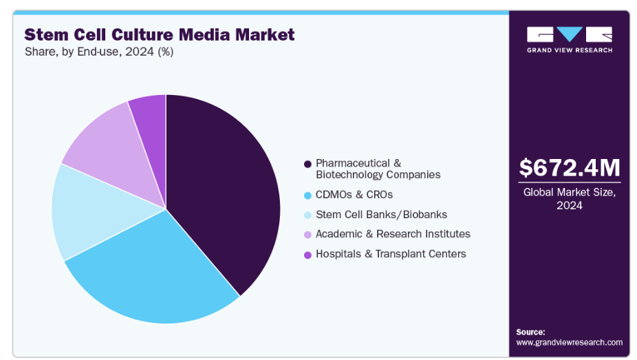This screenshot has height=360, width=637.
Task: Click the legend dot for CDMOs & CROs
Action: coord(307,195)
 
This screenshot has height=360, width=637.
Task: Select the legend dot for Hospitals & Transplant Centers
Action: coord(307,254)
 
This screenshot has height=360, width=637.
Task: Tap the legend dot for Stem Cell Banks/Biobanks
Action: coord(307,215)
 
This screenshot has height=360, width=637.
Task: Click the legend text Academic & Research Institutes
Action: coord(393,234)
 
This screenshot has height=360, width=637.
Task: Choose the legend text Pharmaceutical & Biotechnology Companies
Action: coord(378,169)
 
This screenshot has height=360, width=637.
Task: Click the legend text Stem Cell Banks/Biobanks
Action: coord(381,214)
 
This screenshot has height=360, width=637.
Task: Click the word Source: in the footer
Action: coord(530,332)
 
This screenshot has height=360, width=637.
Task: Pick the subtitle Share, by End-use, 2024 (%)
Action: coord(98,52)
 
